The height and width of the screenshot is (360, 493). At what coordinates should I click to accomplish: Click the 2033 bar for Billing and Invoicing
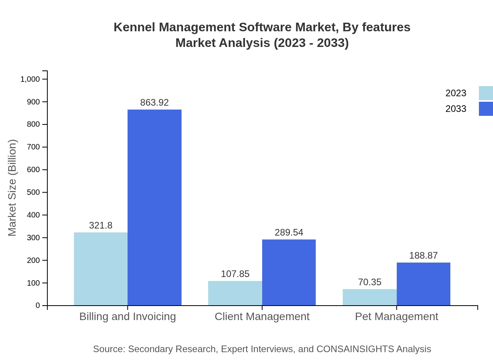pyautogui.click(x=155, y=207)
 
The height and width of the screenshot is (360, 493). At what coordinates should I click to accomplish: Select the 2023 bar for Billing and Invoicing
pyautogui.click(x=101, y=269)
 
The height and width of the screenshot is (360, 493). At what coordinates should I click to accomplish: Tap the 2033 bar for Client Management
pyautogui.click(x=289, y=272)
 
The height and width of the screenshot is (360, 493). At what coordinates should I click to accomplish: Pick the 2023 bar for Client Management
pyautogui.click(x=235, y=293)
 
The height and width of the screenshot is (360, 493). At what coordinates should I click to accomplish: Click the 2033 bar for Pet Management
pyautogui.click(x=423, y=284)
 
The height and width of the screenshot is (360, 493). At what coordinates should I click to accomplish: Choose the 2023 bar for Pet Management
pyautogui.click(x=369, y=297)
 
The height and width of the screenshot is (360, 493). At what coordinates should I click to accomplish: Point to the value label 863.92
pyautogui.click(x=155, y=103)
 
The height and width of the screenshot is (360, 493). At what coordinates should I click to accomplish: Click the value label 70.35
pyautogui.click(x=369, y=282)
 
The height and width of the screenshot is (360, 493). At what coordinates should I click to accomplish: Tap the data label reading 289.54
pyautogui.click(x=289, y=232)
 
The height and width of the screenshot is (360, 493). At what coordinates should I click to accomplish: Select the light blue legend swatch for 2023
pyautogui.click(x=486, y=93)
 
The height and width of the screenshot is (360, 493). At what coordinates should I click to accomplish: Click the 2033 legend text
pyautogui.click(x=456, y=109)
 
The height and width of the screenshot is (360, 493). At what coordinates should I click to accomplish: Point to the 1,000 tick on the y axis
pyautogui.click(x=30, y=79)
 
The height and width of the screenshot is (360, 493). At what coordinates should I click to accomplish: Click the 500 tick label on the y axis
pyautogui.click(x=33, y=193)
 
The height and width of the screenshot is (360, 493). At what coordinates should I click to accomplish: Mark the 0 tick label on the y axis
pyautogui.click(x=38, y=306)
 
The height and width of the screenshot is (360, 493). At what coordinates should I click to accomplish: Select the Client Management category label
pyautogui.click(x=262, y=316)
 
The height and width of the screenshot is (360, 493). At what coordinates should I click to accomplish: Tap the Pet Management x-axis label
pyautogui.click(x=396, y=316)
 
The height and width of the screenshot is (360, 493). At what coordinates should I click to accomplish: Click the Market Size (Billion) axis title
pyautogui.click(x=13, y=188)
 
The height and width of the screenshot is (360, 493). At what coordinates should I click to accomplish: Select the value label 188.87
pyautogui.click(x=423, y=256)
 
